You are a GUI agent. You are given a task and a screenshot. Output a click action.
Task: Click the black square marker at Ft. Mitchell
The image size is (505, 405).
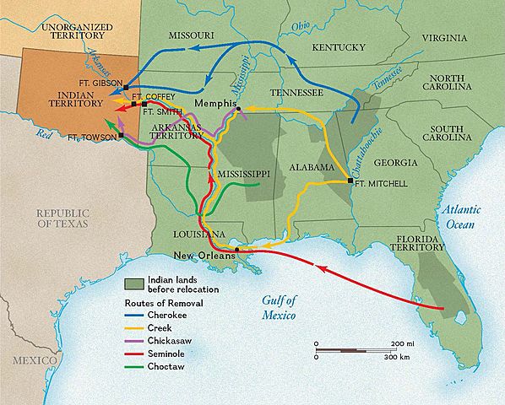point(351,181)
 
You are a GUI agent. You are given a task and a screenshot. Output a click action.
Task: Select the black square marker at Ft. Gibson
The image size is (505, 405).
point(126,87)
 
